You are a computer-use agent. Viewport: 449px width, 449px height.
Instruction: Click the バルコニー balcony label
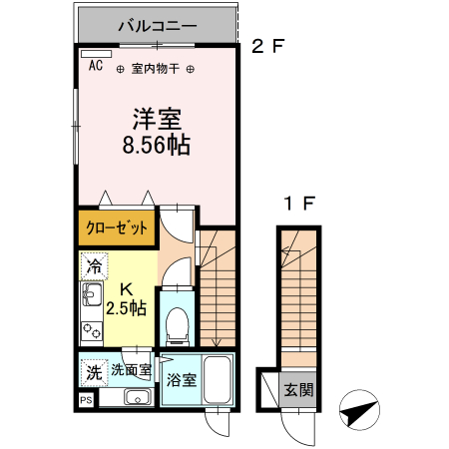click(x=157, y=25)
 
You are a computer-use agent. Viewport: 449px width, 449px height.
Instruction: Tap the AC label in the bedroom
click(x=96, y=66)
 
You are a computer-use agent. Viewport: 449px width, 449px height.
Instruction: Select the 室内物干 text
click(x=155, y=69)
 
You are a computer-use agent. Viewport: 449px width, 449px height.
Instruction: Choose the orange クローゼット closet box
click(x=117, y=227)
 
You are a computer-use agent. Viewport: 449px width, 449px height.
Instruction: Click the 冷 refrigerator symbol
click(x=94, y=266)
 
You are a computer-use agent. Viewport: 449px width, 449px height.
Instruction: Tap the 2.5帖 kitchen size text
click(x=127, y=308)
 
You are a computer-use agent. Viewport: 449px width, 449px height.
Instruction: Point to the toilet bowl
click(x=178, y=321)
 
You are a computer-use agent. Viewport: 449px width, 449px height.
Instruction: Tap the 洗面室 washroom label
click(x=130, y=370)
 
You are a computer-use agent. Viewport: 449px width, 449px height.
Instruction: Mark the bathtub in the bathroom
click(x=219, y=380)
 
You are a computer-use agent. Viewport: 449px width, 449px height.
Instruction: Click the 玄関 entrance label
click(x=298, y=389)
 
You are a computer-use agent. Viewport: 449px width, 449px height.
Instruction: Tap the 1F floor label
click(x=299, y=204)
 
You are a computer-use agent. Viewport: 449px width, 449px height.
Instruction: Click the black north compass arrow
click(x=360, y=411)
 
